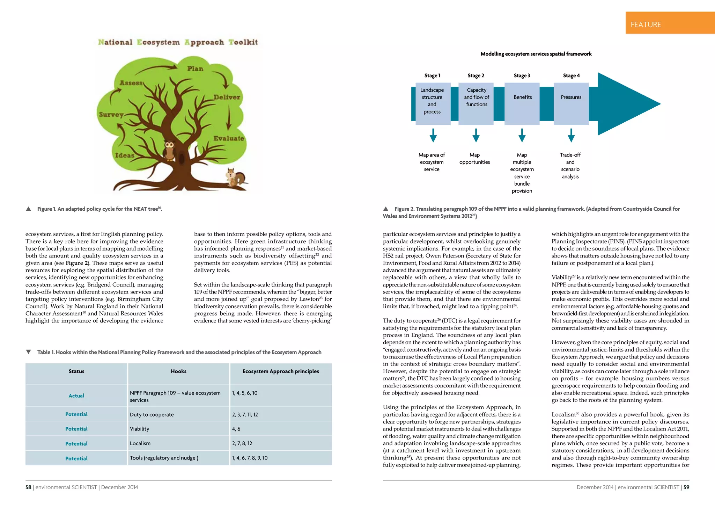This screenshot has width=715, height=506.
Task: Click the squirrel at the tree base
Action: [235, 178]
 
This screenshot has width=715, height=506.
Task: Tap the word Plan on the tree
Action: [195, 68]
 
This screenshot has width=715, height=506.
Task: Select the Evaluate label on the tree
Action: [229, 138]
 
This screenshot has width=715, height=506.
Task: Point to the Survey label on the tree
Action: [111, 115]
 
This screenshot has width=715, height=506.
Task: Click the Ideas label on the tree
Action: [125, 155]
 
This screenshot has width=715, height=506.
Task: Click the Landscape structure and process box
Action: [432, 104]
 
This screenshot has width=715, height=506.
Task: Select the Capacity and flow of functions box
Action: [476, 104]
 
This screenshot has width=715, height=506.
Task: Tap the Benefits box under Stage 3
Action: [522, 104]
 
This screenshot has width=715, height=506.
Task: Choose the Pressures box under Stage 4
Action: [571, 104]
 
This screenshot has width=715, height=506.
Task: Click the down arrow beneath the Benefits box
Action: [522, 136]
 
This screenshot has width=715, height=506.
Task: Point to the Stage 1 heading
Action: [432, 75]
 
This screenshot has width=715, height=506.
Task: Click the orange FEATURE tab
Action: [670, 23]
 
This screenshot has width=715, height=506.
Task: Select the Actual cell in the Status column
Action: [76, 396]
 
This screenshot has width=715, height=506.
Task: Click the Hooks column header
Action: [178, 371]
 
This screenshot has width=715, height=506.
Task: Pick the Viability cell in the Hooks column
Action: [140, 429]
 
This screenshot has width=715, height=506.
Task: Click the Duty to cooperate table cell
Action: [152, 414]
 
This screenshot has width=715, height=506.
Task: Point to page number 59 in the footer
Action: [686, 487]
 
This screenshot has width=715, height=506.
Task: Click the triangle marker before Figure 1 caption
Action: [29, 209]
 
